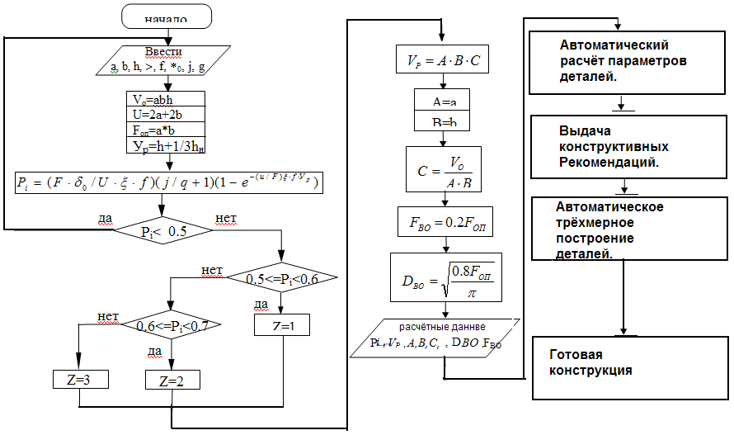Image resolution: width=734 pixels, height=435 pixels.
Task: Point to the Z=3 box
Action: pos(79,380)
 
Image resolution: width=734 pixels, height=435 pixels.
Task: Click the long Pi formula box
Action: pos(167,181)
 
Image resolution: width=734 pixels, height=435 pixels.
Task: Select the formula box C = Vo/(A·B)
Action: pos(443,169)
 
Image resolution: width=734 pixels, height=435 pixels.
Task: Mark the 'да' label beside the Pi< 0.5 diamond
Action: pos(105,218)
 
